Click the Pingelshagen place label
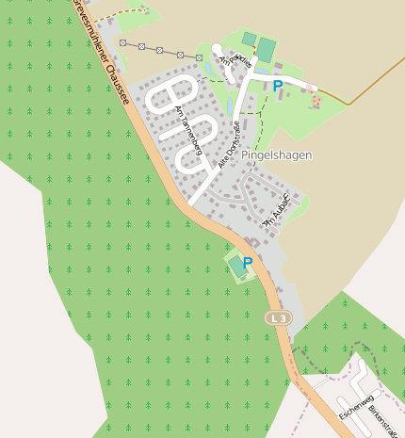(x=276, y=154)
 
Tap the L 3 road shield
(x=278, y=318)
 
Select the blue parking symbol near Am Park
(x=278, y=86)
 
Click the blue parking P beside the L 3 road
(x=248, y=264)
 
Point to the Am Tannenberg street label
(x=189, y=129)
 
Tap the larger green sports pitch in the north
(x=267, y=49)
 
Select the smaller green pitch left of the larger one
(x=249, y=39)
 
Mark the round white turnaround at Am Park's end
(x=216, y=49)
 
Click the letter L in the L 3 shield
(x=273, y=318)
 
